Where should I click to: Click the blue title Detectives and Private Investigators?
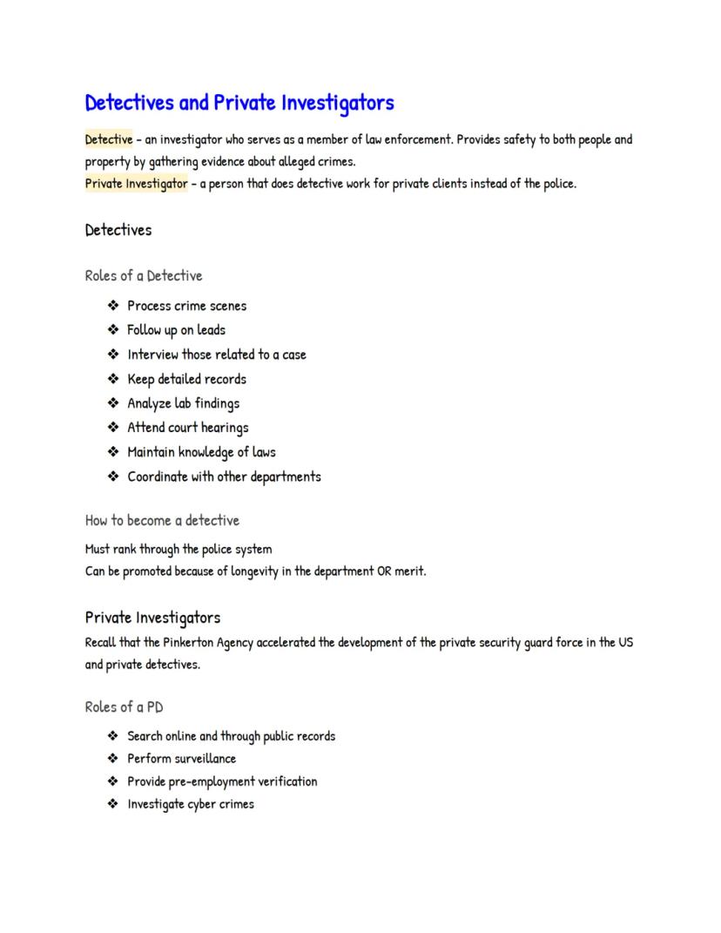239,103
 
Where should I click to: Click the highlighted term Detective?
109,139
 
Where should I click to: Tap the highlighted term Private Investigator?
136,184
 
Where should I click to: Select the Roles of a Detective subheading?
144,276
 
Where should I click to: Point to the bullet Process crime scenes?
187,306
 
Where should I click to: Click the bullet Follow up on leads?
176,330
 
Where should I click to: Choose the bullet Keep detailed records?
186,379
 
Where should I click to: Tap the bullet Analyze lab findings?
183,403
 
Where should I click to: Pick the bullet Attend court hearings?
188,428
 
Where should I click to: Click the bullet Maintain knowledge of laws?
201,452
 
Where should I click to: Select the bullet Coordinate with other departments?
224,477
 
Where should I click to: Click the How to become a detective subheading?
162,521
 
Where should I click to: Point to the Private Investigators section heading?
152,618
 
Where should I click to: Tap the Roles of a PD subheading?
124,707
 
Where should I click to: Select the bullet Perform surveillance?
181,759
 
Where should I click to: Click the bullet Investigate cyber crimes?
191,804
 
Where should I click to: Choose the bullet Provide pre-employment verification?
222,781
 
